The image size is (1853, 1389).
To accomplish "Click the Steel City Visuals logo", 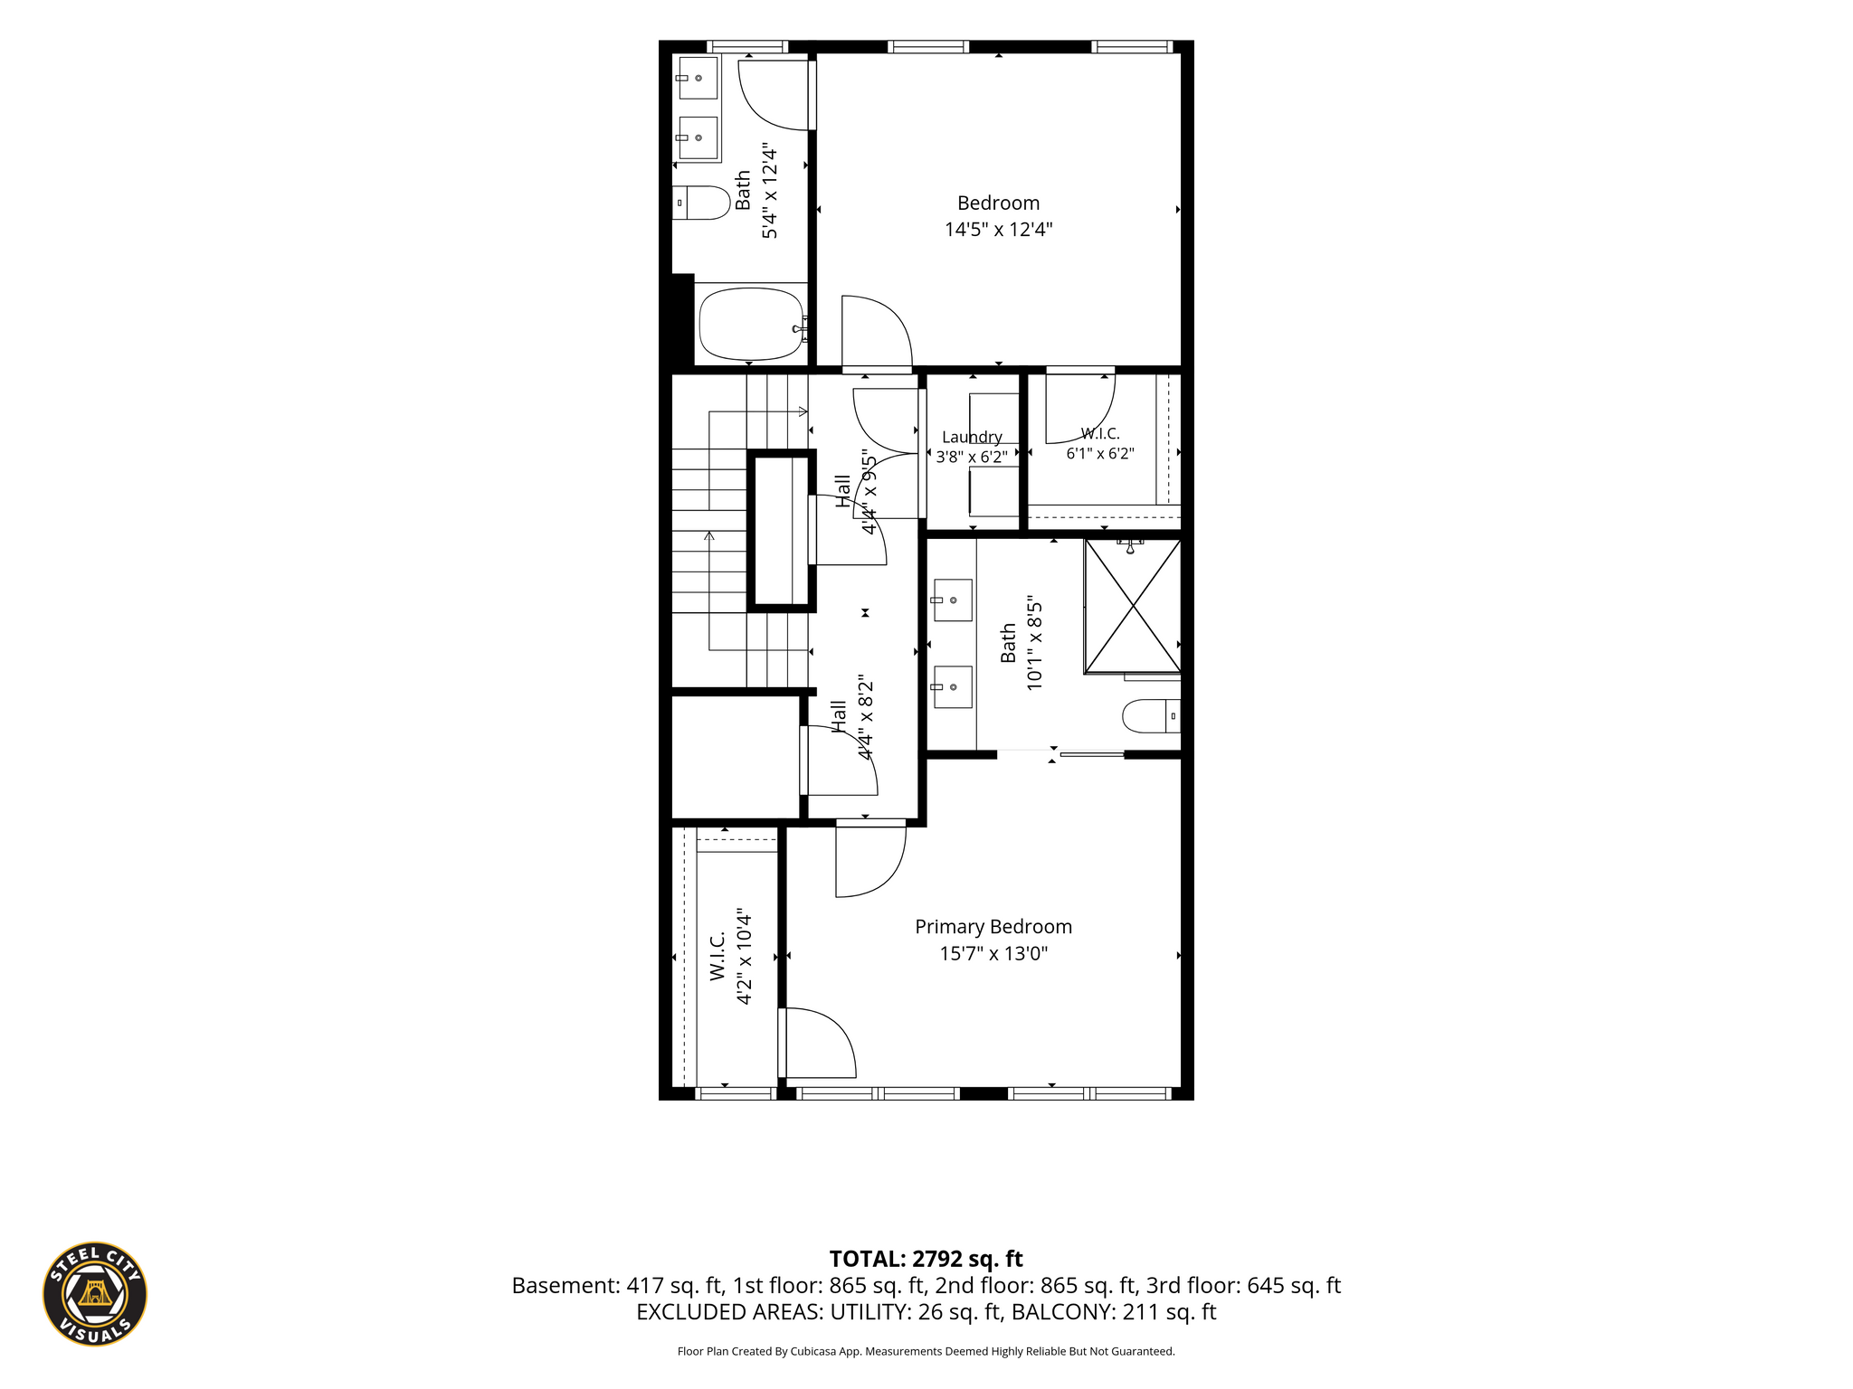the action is (95, 1293).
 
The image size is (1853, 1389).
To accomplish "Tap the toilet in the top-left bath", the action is (701, 203).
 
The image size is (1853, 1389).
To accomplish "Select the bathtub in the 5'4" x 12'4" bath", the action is (751, 324).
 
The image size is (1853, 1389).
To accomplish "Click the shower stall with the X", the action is (1132, 607).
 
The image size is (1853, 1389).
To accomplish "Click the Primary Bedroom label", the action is (993, 927).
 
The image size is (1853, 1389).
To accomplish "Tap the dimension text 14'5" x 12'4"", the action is (999, 230).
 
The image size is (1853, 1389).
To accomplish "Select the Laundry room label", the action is (972, 438).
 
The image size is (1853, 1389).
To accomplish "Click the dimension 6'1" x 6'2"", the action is (1100, 453).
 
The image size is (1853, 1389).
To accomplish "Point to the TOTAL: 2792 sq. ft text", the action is (926, 1259).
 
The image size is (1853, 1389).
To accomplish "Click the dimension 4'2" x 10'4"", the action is (744, 956).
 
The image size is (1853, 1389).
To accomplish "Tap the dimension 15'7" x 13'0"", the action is (993, 953).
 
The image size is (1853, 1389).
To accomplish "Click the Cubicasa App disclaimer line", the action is (926, 1352).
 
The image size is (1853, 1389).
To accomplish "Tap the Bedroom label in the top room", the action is (999, 203).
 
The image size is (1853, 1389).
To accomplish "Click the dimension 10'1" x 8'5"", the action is (1035, 643).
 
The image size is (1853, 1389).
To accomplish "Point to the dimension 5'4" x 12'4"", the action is (770, 190).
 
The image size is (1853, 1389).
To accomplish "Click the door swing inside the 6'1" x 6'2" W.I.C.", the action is (1080, 409).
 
